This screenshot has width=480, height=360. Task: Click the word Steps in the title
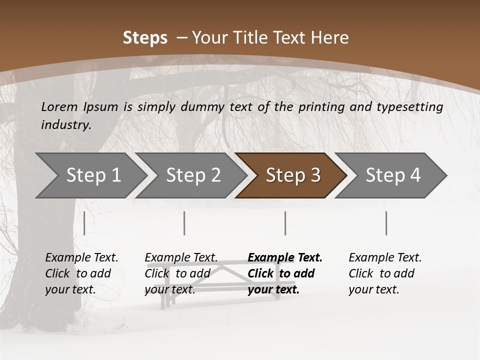145,38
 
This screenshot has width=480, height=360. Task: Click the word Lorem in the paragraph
59,107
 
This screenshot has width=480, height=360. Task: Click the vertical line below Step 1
84,223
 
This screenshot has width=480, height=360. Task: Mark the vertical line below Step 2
184,223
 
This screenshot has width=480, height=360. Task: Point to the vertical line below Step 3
285,223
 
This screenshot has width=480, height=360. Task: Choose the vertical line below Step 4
386,223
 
